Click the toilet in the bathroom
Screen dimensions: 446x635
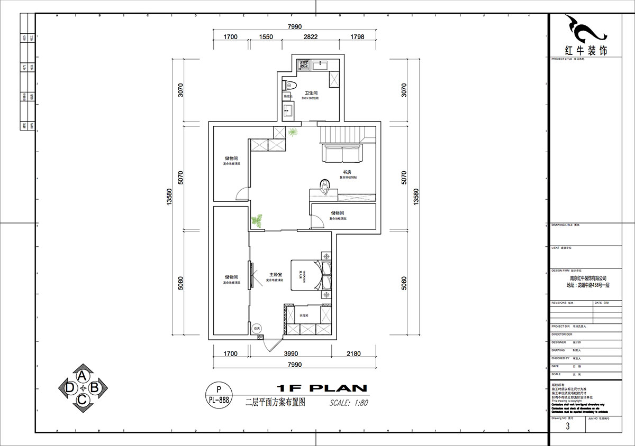click(289, 85)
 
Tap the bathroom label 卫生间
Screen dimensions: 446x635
click(311, 93)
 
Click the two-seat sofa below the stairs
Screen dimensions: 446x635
click(342, 153)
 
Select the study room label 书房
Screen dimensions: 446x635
click(347, 172)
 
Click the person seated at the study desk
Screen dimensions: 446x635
click(325, 184)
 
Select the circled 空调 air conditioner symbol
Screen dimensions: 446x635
click(257, 328)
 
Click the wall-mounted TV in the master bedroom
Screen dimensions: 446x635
click(251, 275)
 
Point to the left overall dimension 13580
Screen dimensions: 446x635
click(169, 197)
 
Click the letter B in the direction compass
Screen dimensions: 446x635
click(95, 388)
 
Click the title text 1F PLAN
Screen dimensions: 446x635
click(321, 388)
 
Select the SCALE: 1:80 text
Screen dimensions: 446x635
click(348, 402)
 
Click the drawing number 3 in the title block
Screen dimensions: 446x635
click(568, 426)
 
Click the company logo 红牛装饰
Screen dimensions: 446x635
click(586, 51)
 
